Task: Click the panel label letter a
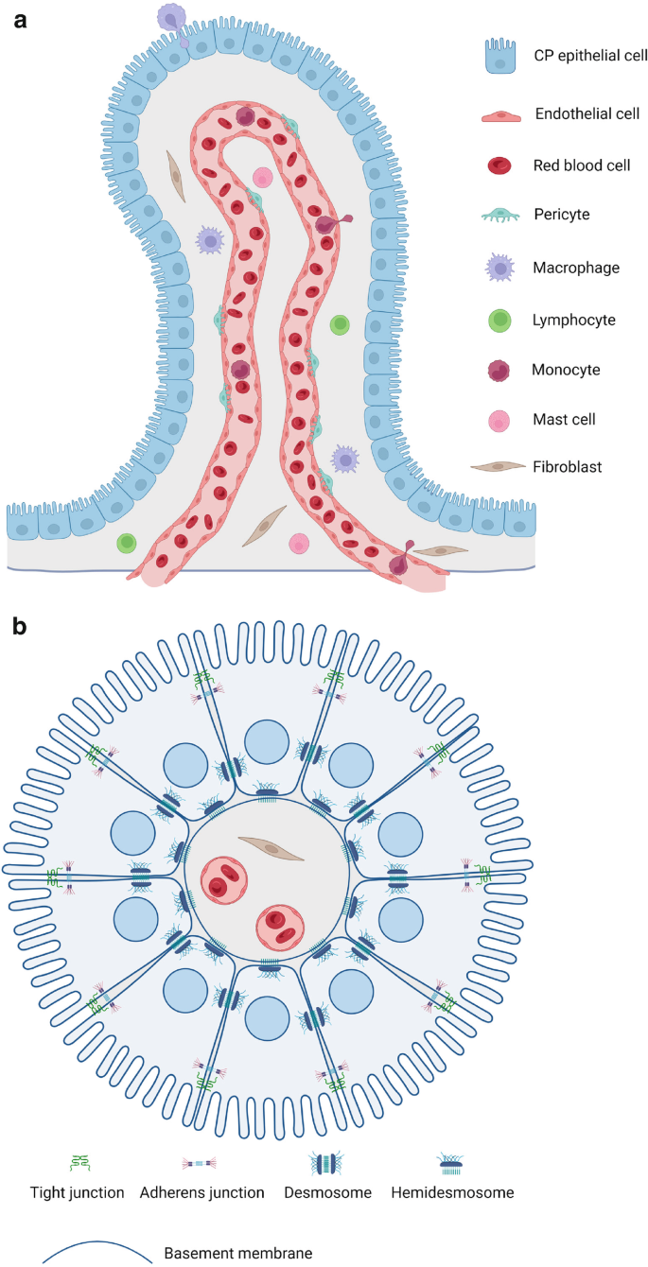tap(21, 20)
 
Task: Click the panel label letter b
tap(21, 627)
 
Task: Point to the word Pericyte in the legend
tap(562, 215)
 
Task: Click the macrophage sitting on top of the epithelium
tap(171, 18)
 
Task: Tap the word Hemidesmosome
tap(452, 1192)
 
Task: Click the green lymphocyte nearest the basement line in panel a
tap(126, 543)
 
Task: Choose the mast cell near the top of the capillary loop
tap(263, 177)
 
